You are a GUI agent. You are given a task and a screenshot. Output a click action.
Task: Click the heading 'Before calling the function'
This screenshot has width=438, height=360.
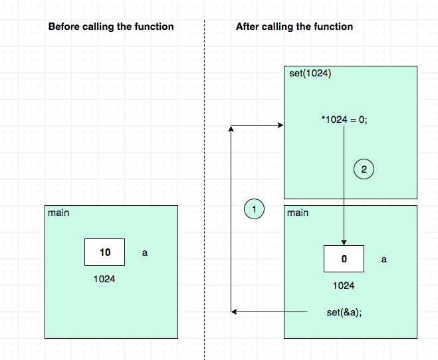coord(111,27)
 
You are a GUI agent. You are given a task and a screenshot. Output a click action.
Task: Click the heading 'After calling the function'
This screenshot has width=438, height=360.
coord(294,27)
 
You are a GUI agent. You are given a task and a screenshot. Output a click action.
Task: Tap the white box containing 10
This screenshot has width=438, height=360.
coord(105,252)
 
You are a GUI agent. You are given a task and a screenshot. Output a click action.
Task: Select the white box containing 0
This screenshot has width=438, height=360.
coord(344,258)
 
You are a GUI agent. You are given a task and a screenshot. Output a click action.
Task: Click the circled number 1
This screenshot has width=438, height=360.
coord(254,209)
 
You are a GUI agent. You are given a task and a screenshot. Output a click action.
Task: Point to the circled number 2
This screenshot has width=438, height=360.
coord(364,169)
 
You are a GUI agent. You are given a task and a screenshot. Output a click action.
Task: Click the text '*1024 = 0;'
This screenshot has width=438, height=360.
coord(344,120)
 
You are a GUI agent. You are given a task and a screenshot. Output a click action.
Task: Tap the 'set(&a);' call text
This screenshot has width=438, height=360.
coord(344,312)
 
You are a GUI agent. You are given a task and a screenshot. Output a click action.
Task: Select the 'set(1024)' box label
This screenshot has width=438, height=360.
coord(310,74)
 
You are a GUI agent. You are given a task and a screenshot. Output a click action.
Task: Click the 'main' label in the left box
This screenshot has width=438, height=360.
coord(58,213)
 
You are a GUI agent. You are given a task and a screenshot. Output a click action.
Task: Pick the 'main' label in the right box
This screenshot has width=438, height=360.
coord(298,213)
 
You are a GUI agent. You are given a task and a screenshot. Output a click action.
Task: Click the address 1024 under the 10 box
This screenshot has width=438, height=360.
coord(104,279)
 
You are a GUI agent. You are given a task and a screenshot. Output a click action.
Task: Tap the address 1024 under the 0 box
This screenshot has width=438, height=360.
coord(344,286)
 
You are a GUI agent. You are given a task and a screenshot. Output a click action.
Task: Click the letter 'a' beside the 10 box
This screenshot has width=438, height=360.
coord(145,253)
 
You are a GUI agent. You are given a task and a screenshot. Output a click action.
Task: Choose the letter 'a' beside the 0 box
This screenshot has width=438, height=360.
coord(384,260)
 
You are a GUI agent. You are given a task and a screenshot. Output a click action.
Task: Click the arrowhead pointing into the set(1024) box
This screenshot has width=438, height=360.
coord(280,126)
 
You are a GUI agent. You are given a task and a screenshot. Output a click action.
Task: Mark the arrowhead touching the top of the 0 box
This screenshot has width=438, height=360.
coord(344,242)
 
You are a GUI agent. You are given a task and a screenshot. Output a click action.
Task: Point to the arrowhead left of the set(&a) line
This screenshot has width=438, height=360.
coord(234,312)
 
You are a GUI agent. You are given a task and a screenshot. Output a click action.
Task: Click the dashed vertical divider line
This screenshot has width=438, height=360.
coord(205,190)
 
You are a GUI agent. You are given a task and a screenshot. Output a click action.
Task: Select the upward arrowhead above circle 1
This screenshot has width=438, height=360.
coord(231,129)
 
